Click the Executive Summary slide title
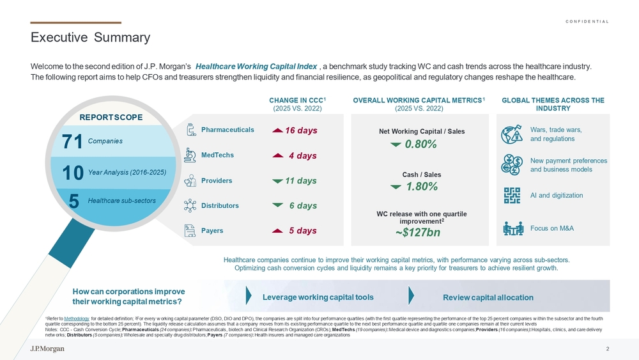[91, 37]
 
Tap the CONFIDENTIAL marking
[587, 22]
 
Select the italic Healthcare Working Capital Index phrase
[256, 67]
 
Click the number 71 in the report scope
[72, 141]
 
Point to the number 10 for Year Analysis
[73, 173]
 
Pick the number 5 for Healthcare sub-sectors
[73, 201]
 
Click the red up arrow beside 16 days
[277, 130]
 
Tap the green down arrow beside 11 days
[277, 181]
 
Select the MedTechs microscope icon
[190, 155]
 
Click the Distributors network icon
[190, 205]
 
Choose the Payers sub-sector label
[212, 231]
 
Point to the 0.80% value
[421, 144]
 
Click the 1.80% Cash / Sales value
[422, 187]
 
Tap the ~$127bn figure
[418, 232]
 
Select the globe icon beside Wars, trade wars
[512, 134]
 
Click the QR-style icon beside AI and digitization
[512, 196]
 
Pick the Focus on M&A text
[552, 228]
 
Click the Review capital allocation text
[488, 297]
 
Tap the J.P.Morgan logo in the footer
[47, 348]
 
